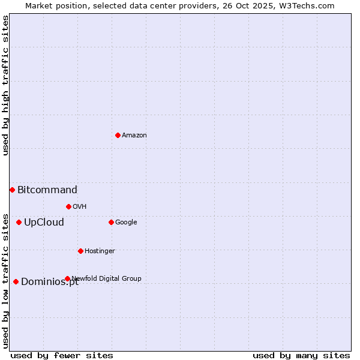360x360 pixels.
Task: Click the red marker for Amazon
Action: (118, 135)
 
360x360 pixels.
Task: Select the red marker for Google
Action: (111, 222)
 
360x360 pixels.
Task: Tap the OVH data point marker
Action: (68, 206)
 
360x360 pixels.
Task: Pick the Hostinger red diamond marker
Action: (80, 251)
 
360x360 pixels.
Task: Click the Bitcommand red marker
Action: (12, 190)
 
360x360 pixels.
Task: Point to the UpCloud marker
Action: (19, 222)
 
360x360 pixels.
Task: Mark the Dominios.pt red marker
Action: (16, 281)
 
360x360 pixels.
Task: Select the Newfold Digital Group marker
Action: (67, 278)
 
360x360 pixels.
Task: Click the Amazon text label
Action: (134, 135)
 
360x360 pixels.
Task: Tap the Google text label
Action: (126, 222)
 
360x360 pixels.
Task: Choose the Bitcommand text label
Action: (47, 190)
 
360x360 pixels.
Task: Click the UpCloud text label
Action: (44, 223)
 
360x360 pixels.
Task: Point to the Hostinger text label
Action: (100, 251)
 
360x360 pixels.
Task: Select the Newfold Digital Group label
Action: (107, 278)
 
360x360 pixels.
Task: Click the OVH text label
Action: (80, 206)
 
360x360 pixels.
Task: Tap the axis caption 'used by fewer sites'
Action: (62, 355)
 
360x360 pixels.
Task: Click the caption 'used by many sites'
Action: (301, 355)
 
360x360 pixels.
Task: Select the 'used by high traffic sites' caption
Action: (5, 85)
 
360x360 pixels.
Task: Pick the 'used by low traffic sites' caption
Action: (5, 280)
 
